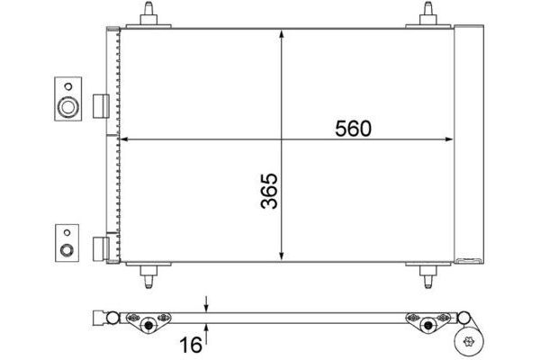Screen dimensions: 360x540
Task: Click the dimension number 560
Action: [x=354, y=129]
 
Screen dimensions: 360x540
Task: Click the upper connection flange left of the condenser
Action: [x=67, y=99]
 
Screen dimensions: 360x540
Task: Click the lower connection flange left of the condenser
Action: [x=67, y=243]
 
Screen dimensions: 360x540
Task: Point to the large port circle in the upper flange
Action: [x=67, y=108]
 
